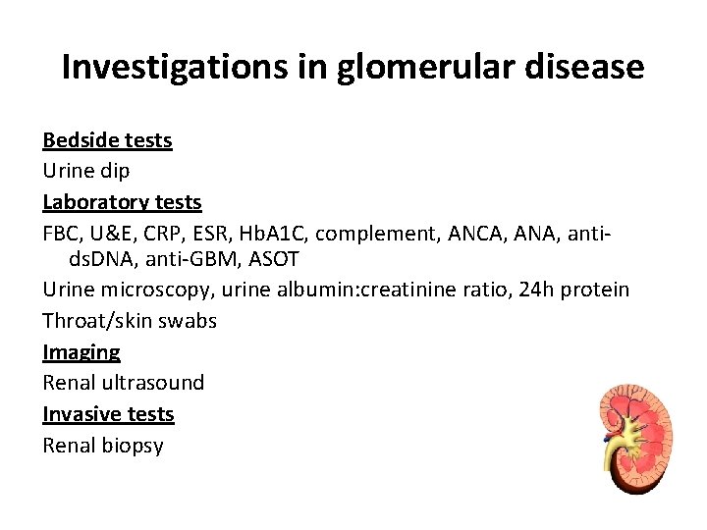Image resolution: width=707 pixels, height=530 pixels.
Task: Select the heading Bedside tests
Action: [x=107, y=140]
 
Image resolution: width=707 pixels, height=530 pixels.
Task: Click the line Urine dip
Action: [x=86, y=171]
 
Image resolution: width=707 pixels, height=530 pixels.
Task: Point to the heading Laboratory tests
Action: [x=122, y=202]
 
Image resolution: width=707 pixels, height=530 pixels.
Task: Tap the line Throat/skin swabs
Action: [x=130, y=321]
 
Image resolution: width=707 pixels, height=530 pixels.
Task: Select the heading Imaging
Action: [x=82, y=351]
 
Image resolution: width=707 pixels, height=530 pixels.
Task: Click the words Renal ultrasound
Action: [x=124, y=383]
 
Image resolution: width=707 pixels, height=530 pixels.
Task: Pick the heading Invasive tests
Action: [x=108, y=414]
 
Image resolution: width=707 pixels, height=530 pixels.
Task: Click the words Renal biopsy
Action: [x=103, y=446]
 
